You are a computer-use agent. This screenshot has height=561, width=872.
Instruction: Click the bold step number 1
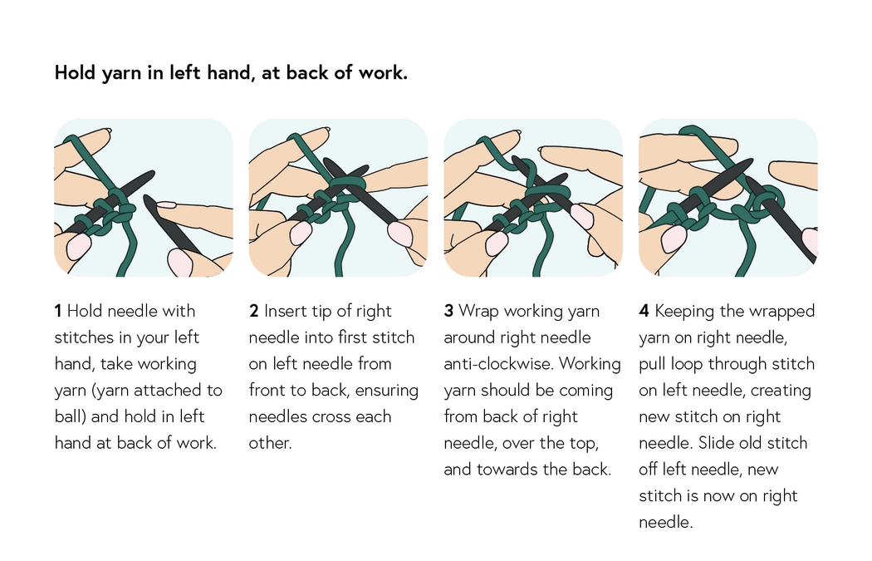point(58,312)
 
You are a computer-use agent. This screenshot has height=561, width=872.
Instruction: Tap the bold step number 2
point(253,312)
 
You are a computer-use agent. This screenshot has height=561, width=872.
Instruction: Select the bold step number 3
point(448,312)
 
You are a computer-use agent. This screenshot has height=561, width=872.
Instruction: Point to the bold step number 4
point(644,312)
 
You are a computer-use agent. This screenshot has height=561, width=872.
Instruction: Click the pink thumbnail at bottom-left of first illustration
point(79,246)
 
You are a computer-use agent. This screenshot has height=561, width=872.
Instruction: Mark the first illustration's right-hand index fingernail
point(166,204)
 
